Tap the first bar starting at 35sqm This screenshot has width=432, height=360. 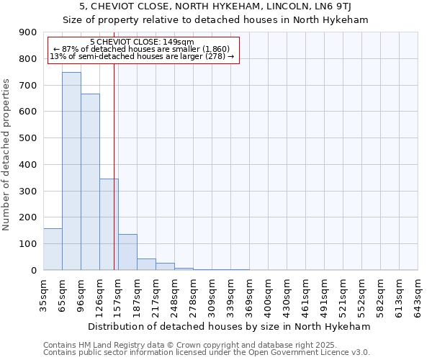(53, 249)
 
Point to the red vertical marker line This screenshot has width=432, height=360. (114, 180)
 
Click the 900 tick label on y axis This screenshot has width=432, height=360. (28, 32)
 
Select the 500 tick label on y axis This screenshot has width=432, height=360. (28, 138)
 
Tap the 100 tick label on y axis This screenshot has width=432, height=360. (28, 244)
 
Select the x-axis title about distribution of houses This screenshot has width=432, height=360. (230, 326)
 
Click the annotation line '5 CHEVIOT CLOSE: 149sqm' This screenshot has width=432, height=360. (142, 42)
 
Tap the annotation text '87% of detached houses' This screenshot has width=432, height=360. (142, 49)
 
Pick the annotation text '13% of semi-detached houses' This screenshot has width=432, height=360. (142, 56)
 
